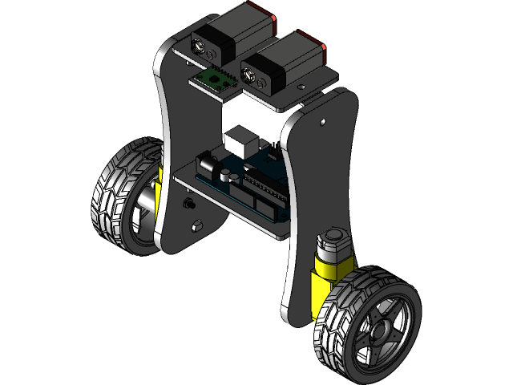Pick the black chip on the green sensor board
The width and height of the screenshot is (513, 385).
click(x=215, y=77)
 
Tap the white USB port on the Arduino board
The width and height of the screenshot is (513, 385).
click(x=240, y=141)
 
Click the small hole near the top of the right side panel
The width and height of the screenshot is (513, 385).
click(x=322, y=123)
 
